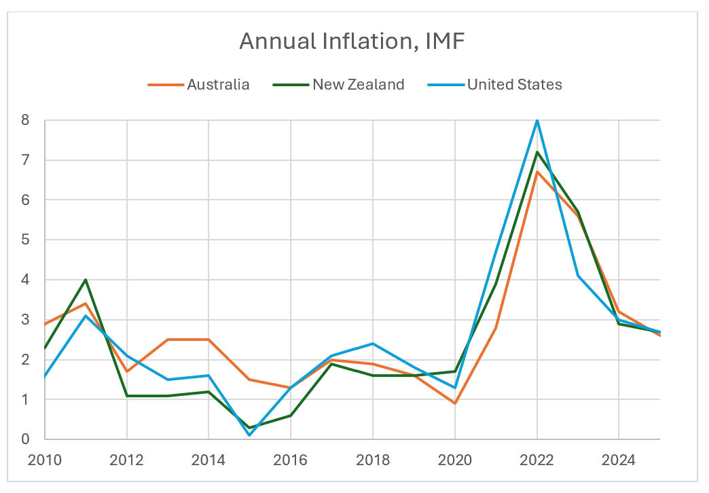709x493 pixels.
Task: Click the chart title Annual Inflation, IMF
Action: coord(352,42)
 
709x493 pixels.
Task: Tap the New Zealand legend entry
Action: coord(358,85)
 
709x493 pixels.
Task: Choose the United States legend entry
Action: coord(514,85)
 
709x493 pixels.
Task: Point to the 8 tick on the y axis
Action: coord(25,120)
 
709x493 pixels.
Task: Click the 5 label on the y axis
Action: coord(25,240)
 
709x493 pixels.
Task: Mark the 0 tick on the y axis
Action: coord(25,439)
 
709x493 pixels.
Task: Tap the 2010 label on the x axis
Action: coord(45,460)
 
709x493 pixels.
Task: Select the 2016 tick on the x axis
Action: coord(291,460)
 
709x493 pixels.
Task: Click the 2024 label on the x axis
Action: coord(619,460)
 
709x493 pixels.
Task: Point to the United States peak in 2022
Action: coord(537,120)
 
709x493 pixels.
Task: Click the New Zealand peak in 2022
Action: coord(537,152)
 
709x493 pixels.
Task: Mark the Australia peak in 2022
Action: coord(537,172)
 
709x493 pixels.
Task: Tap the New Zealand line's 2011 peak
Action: coord(86,280)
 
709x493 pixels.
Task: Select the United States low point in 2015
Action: coord(250,435)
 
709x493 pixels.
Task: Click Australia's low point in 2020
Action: coord(455,403)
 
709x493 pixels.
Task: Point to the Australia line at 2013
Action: coord(168,340)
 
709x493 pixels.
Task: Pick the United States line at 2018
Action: coord(373,344)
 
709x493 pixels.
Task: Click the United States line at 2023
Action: coord(578,276)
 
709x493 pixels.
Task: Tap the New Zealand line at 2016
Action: coord(291,416)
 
